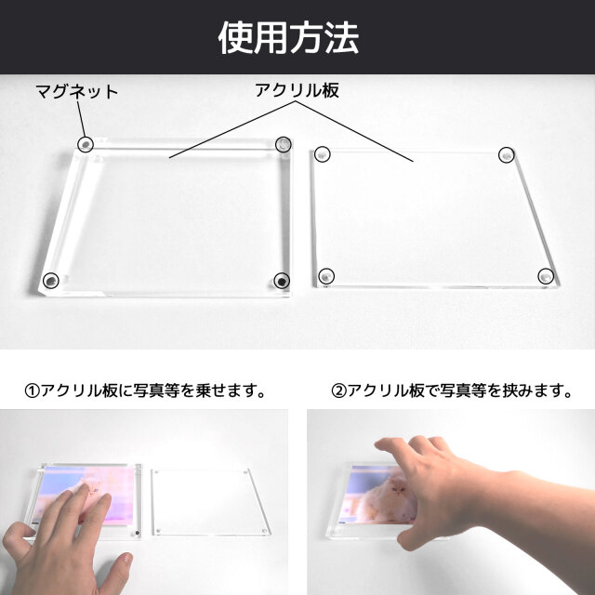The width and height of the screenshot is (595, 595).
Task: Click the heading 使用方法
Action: pos(288,37)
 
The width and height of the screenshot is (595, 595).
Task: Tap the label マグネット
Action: pos(76,92)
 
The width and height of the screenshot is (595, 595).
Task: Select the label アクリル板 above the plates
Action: pos(297,90)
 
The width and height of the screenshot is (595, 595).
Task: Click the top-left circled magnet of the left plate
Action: pos(86,144)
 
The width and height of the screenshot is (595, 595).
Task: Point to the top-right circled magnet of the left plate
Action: pos(284,144)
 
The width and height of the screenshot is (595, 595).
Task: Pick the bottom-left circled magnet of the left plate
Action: pos(51,281)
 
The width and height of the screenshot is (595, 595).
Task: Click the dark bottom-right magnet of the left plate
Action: pos(282,281)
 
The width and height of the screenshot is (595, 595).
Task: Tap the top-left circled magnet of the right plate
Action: pos(323,154)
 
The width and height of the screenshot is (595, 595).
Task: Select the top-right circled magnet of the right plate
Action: pos(506,155)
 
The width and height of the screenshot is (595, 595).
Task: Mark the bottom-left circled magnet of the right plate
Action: pos(326,276)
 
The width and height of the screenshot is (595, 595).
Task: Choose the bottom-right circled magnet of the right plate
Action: pos(546,276)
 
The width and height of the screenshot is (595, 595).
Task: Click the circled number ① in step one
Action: pos(32,390)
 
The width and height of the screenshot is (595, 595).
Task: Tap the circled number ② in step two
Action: pos(338,390)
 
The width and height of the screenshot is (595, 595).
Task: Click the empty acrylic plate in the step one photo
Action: pos(211,502)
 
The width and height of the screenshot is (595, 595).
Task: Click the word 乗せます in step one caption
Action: pos(223,390)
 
